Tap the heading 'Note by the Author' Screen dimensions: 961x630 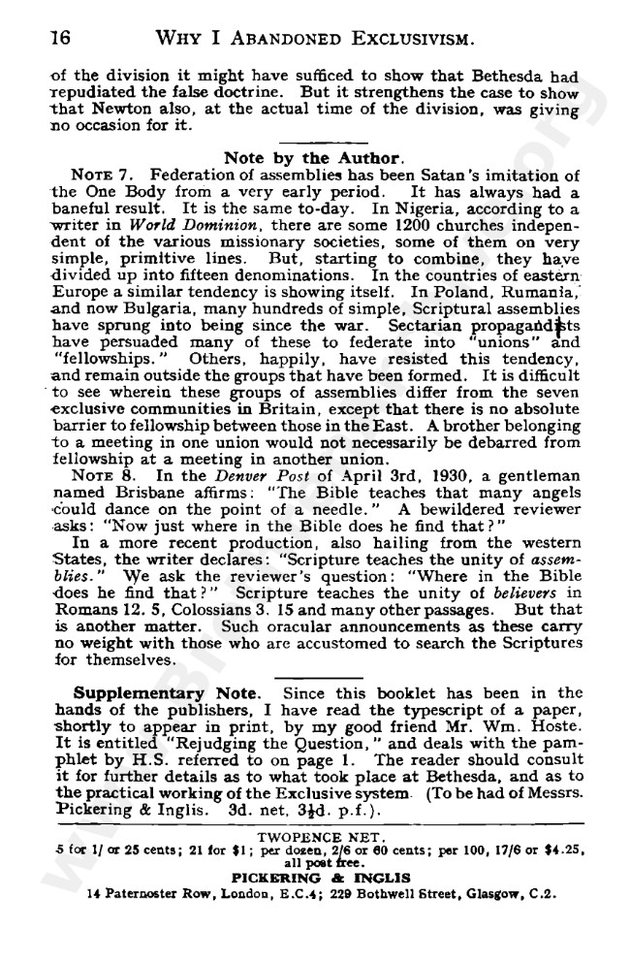tap(311, 158)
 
